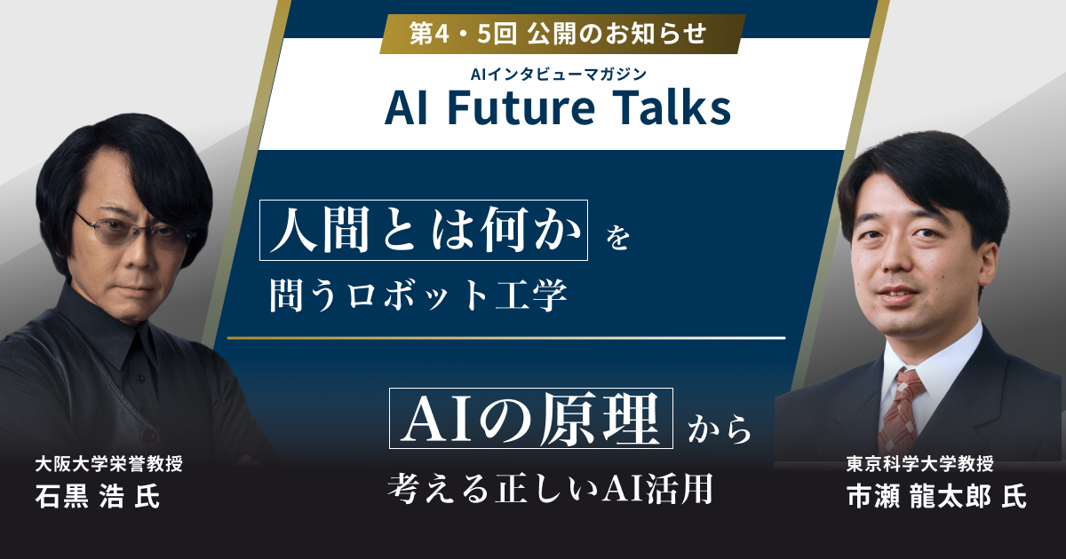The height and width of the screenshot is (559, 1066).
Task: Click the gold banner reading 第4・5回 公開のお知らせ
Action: coord(558,34)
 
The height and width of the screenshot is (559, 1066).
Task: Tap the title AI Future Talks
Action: coord(558,109)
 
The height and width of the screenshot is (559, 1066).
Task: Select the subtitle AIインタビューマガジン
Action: coord(558,75)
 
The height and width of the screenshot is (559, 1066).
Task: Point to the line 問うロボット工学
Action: coord(418,296)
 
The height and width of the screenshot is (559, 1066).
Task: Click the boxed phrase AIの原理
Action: coord(531,417)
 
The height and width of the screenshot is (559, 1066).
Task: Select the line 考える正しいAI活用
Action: coord(551,487)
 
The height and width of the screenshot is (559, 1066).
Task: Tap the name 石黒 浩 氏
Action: coord(98,497)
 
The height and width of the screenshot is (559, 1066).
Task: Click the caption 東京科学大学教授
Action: coord(919,463)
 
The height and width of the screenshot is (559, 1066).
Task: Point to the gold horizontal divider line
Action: coord(506,338)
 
